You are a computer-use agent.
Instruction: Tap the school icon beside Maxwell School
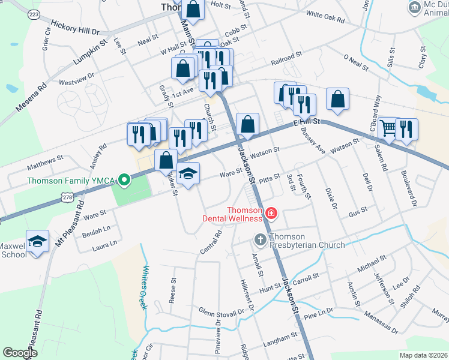point(37,242)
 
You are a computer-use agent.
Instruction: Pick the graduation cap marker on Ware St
point(188,173)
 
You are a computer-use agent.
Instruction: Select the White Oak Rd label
point(325,17)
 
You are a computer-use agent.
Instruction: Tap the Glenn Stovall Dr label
point(222,311)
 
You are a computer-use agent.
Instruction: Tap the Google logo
point(20,353)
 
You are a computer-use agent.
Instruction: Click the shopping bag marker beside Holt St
point(193,9)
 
